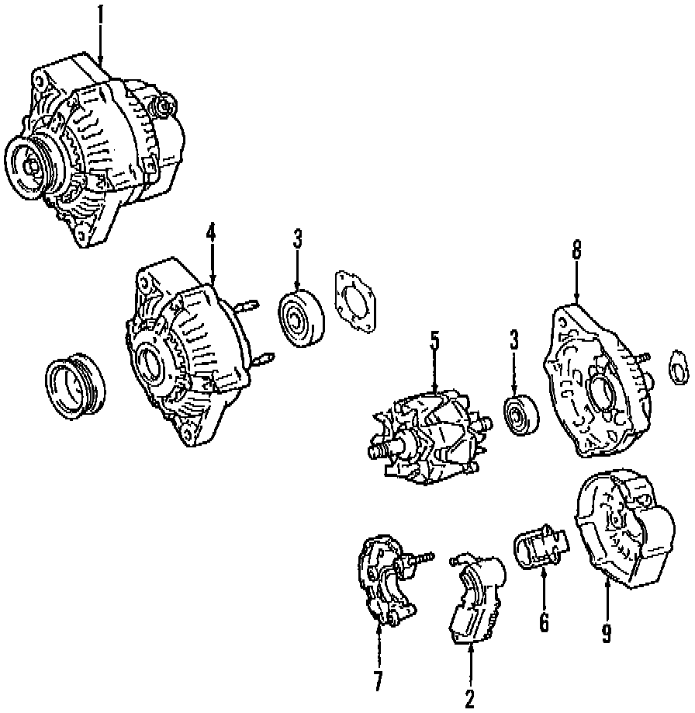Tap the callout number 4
(x=210, y=232)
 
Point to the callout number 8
(x=576, y=250)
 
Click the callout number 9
(x=606, y=634)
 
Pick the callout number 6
(x=543, y=621)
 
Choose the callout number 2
(x=469, y=698)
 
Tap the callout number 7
(x=378, y=681)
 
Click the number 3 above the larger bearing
(x=297, y=239)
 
